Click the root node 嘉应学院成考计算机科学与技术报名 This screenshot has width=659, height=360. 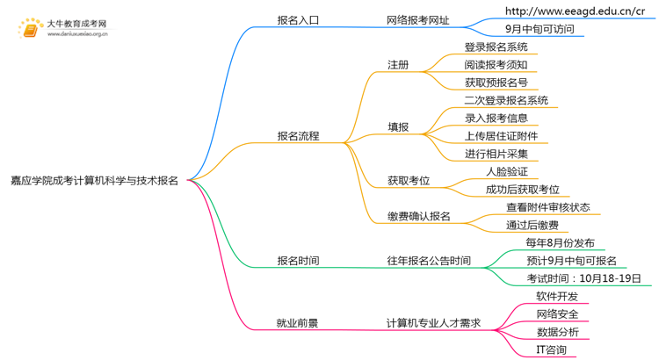click(x=94, y=181)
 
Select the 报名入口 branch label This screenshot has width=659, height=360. click(x=298, y=19)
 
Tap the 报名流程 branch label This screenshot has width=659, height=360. click(x=298, y=136)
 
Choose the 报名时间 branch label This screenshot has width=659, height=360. click(x=298, y=261)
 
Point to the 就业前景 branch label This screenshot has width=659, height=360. click(x=298, y=323)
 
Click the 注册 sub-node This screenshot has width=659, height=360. click(x=398, y=65)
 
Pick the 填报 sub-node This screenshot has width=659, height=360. click(x=398, y=127)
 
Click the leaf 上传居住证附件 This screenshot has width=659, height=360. click(x=501, y=136)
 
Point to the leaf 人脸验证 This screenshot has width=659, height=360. click(x=507, y=171)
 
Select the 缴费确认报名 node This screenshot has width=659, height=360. click(x=418, y=216)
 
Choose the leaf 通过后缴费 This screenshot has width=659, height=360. click(x=532, y=226)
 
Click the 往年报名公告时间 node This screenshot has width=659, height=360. click(x=429, y=261)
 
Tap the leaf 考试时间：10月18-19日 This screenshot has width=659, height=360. click(x=583, y=278)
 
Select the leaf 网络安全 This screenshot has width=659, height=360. click(x=557, y=314)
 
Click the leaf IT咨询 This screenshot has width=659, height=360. click(x=551, y=349)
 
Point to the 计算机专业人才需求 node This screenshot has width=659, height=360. click(x=434, y=323)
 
